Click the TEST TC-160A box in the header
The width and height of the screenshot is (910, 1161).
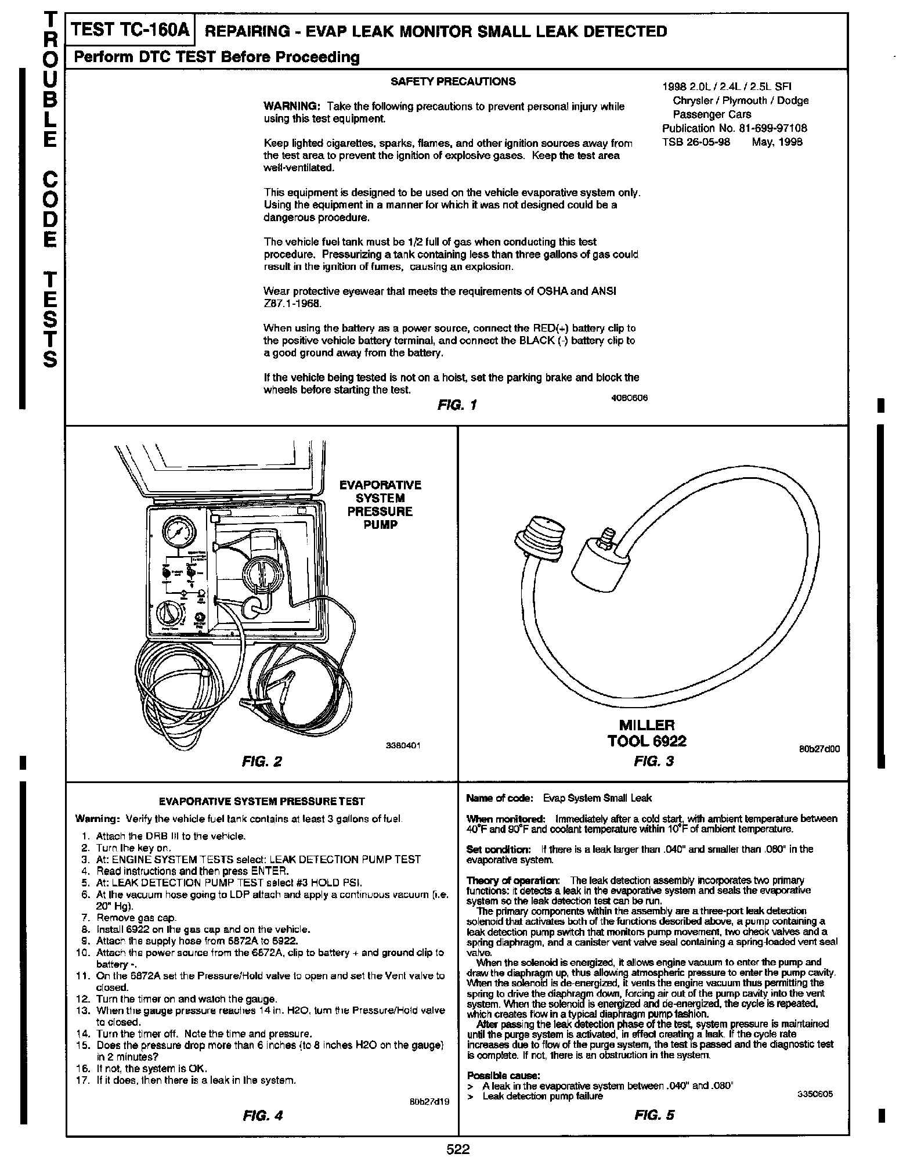[x=131, y=30]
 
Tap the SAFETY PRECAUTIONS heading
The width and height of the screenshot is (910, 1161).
[x=453, y=82]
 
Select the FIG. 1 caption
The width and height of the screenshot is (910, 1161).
[x=457, y=405]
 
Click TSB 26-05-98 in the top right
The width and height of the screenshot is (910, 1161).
[x=696, y=142]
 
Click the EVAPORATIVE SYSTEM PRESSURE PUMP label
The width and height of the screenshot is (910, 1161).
[x=380, y=504]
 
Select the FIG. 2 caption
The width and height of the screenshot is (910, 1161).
[x=262, y=761]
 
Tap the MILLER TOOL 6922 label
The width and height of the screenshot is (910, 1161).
[x=647, y=733]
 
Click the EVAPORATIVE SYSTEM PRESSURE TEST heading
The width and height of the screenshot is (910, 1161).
[x=262, y=802]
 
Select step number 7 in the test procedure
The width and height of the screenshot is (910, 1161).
[x=85, y=918]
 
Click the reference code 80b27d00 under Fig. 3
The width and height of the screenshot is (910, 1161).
[x=819, y=749]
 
